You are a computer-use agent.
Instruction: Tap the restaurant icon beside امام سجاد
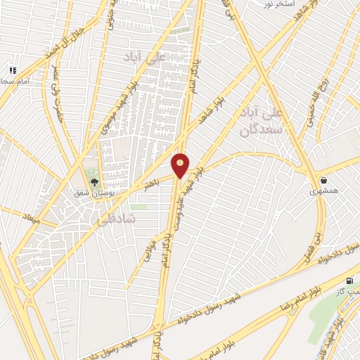[12, 70]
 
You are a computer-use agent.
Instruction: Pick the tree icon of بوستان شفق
[94, 181]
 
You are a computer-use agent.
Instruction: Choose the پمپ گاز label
[347, 291]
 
